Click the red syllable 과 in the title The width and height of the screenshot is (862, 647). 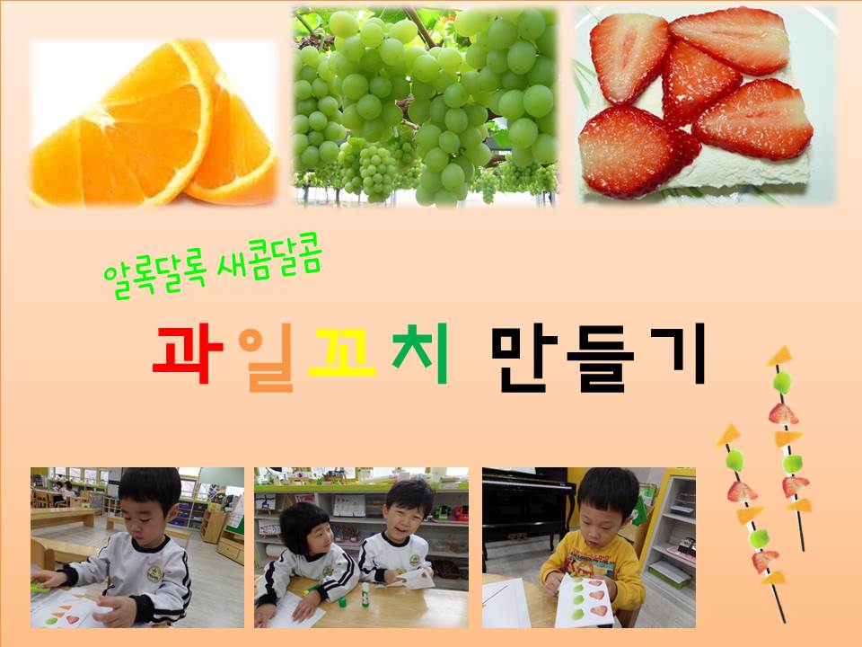[188, 355]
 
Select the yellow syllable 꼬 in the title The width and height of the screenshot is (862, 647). [342, 352]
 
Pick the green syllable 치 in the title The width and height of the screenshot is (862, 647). [420, 353]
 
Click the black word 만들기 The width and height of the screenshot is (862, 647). [598, 358]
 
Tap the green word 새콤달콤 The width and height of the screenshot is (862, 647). [268, 258]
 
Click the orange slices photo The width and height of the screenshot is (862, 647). [154, 122]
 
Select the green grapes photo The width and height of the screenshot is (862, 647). [426, 106]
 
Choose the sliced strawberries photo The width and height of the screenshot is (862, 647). [706, 104]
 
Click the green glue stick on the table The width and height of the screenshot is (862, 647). [365, 595]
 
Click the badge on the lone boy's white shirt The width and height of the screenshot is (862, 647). [155, 574]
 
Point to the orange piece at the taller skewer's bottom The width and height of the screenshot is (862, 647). [773, 578]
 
